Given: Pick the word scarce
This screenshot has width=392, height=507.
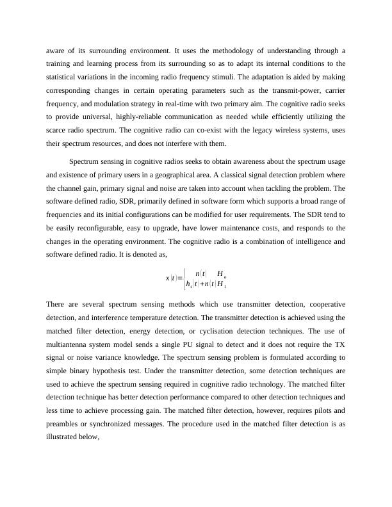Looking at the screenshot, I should [x=57, y=130].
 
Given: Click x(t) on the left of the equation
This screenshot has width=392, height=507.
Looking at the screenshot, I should [x=171, y=278].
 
